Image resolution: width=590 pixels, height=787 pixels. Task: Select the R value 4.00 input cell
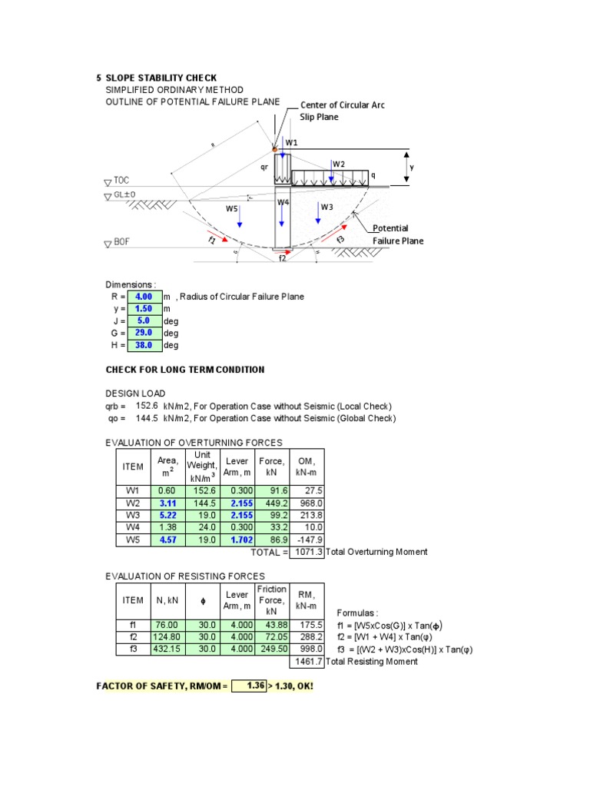coord(144,297)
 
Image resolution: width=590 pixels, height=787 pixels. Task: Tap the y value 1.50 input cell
coord(144,309)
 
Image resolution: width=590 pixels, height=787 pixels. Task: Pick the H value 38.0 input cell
coord(144,345)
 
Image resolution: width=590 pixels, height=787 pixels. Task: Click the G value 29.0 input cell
coord(144,333)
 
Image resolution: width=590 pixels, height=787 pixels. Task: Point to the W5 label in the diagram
coord(231,208)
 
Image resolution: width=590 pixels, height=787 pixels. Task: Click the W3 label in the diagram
coord(326,207)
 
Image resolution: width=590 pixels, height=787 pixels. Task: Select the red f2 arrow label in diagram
coord(282,259)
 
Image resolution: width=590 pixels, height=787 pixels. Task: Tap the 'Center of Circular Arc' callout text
coord(342,105)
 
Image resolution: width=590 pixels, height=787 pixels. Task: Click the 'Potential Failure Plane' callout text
coord(396,234)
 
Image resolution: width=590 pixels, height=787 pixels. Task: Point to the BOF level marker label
coord(121,243)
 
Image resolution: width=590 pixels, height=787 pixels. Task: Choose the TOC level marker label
coord(121,181)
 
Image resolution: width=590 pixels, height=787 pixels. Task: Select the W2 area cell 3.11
coord(167,503)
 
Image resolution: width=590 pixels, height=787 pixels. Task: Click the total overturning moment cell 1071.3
coord(307,552)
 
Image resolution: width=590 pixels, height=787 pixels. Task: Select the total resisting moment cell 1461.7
coord(307,661)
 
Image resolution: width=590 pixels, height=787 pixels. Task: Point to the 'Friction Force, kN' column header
coord(272,599)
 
